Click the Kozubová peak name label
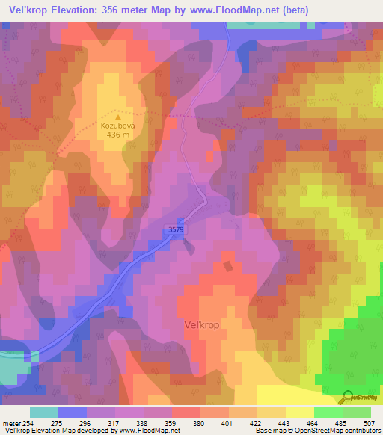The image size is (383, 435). tap(117, 126)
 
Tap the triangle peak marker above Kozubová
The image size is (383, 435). tap(117, 117)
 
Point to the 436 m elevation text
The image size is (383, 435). tap(117, 136)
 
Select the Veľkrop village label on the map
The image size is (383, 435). tap(202, 325)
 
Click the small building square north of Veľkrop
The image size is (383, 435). tap(227, 265)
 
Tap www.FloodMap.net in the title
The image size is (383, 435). tap(233, 10)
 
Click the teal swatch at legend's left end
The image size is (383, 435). tap(44, 412)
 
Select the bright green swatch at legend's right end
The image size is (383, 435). tap(357, 412)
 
